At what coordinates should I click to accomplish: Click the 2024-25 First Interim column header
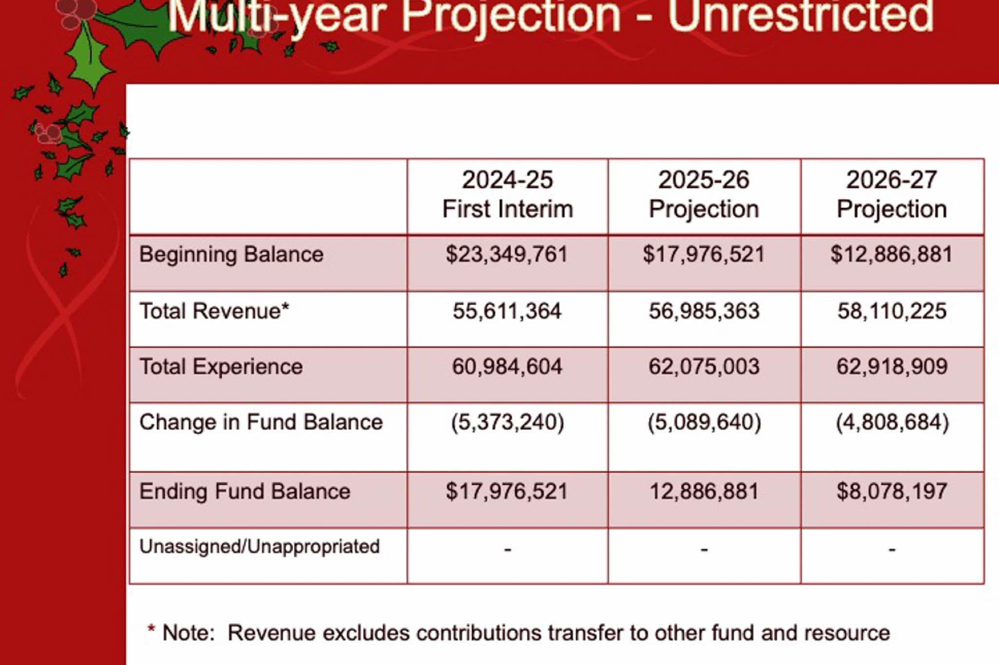[x=507, y=195]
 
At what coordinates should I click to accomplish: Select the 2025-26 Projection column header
[x=703, y=195]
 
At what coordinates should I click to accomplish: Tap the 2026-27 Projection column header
[x=892, y=195]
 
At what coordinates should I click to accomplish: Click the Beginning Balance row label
[x=231, y=254]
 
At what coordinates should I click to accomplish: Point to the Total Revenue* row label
[x=214, y=311]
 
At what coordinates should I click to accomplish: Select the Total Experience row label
[x=221, y=367]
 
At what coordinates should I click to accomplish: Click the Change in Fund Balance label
[x=261, y=422]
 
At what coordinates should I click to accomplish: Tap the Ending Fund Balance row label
[x=245, y=491]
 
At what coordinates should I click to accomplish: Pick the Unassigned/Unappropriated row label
[x=259, y=547]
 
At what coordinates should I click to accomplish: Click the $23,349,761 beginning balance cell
[x=507, y=254]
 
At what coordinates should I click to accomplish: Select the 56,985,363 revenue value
[x=704, y=311]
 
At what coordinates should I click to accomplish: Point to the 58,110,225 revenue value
[x=892, y=311]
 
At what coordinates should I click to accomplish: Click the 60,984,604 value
[x=507, y=367]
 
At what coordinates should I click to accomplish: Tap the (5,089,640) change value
[x=704, y=422]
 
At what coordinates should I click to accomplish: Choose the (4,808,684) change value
[x=892, y=422]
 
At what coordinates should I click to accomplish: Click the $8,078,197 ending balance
[x=892, y=491]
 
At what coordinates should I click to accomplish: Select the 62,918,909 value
[x=892, y=367]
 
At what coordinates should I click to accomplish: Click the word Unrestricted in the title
[x=800, y=16]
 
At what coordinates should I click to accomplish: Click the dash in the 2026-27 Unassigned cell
[x=892, y=550]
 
